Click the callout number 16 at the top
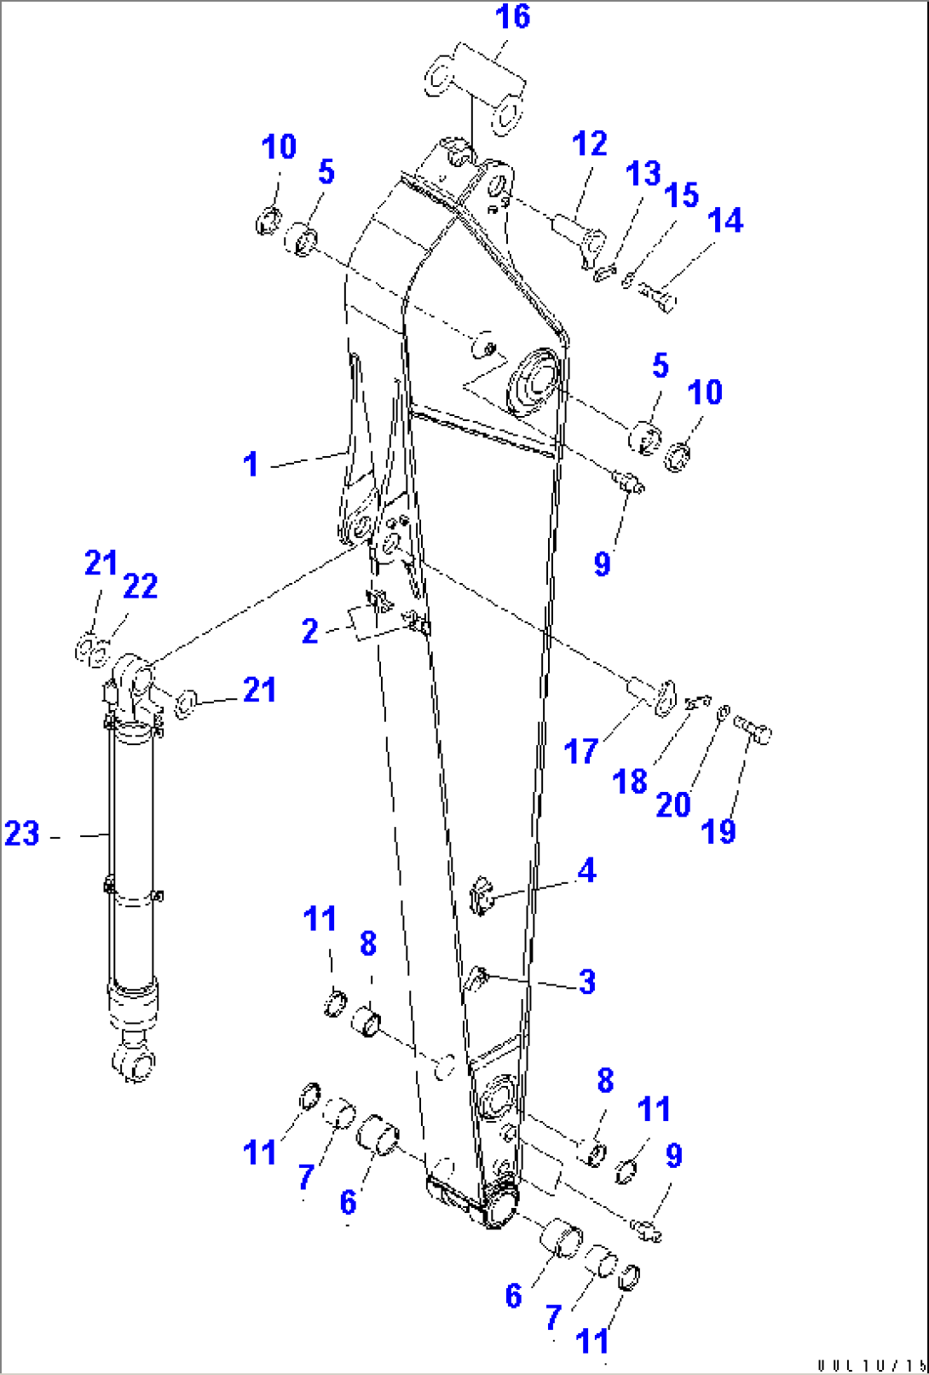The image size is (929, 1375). pyautogui.click(x=512, y=16)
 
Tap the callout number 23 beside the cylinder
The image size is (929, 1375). pyautogui.click(x=22, y=834)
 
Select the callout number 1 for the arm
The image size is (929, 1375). pyautogui.click(x=251, y=465)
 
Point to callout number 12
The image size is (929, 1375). pyautogui.click(x=589, y=144)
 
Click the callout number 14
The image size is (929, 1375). pyautogui.click(x=724, y=221)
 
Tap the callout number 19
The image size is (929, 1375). pyautogui.click(x=718, y=831)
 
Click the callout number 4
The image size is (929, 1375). pyautogui.click(x=586, y=870)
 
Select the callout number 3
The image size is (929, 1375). pyautogui.click(x=586, y=981)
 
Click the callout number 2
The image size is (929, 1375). pyautogui.click(x=310, y=632)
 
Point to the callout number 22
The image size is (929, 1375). pyautogui.click(x=141, y=586)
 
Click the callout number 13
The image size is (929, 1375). pyautogui.click(x=643, y=174)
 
